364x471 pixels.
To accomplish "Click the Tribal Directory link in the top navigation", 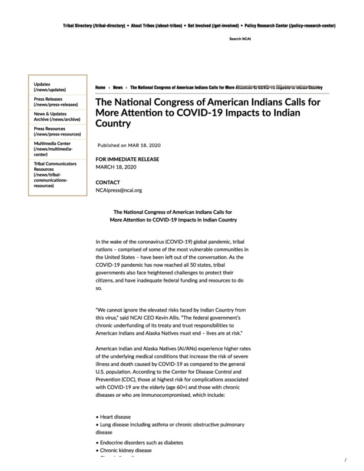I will pos(94,26).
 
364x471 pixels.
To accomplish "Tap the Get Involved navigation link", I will pos(213,26).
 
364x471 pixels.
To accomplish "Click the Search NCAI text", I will pos(240,39).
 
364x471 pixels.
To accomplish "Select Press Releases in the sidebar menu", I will pos(54,101).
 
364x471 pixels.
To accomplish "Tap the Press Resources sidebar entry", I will pos(57,131).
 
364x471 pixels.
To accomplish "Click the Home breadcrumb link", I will pos(100,87).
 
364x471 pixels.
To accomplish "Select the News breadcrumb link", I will pos(118,87).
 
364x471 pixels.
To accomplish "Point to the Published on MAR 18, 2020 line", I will pos(129,145).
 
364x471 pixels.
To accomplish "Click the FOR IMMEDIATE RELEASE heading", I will pos(127,159).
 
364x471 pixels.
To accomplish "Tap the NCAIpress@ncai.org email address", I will pos(119,190).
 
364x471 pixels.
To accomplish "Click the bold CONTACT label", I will pos(108,183).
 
